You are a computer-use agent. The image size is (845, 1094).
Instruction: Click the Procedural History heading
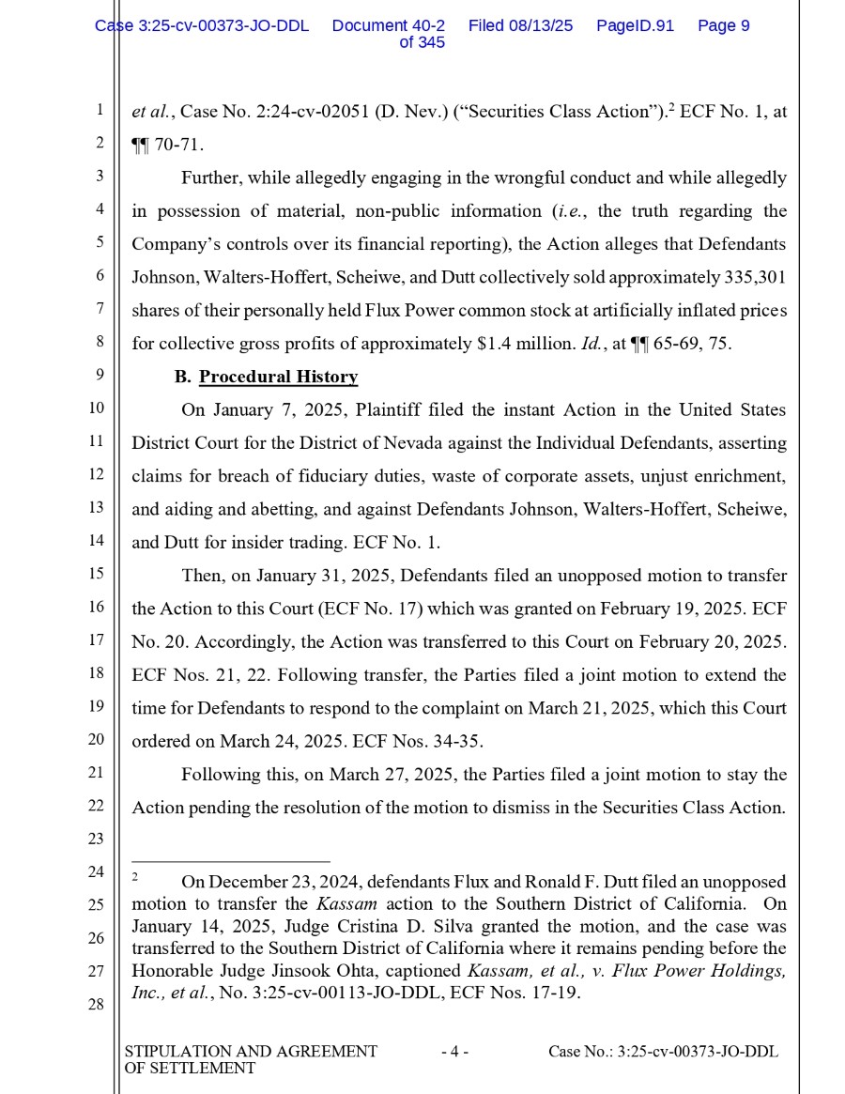[x=278, y=377]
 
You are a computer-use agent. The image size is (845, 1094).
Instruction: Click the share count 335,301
[x=756, y=278]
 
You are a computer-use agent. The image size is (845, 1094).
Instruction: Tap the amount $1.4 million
[x=519, y=344]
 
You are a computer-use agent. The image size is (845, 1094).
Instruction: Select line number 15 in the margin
[x=96, y=574]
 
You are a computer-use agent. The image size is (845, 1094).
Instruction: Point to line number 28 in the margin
[x=96, y=1004]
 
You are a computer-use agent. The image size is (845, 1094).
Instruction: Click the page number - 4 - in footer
[x=454, y=1052]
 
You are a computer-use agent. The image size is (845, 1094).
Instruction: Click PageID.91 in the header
[x=635, y=25]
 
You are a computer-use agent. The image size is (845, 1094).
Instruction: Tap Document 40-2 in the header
[x=388, y=25]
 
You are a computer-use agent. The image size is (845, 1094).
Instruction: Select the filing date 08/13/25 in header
[x=539, y=25]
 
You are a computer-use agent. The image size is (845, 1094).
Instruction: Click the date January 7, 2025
[x=266, y=409]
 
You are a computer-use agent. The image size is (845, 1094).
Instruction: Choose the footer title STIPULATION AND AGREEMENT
[x=251, y=1052]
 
